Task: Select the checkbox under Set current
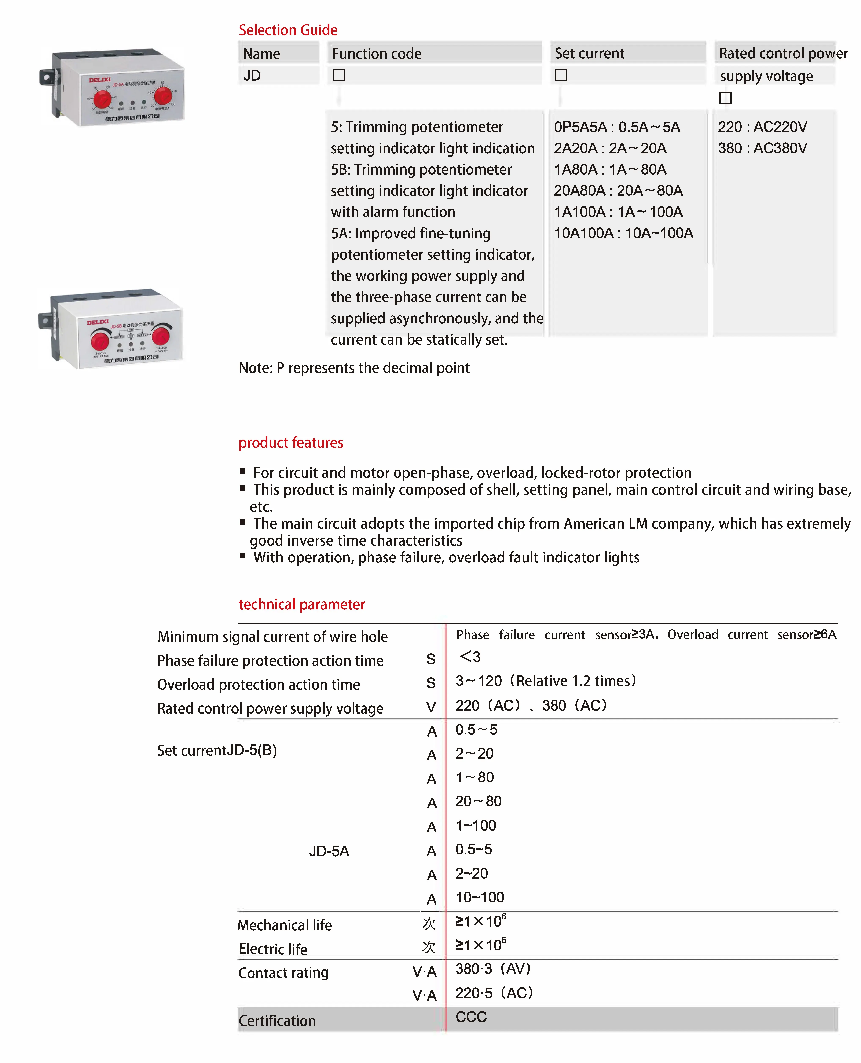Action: (x=561, y=75)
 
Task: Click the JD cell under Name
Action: (x=252, y=75)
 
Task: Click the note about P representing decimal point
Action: (x=354, y=368)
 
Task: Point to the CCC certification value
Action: (x=471, y=1017)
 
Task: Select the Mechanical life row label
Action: (x=285, y=925)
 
